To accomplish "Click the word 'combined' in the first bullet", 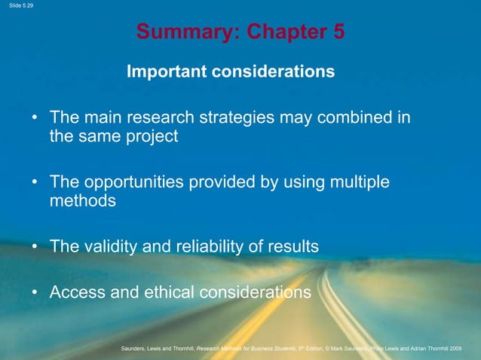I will click(349, 118).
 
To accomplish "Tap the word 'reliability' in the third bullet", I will click(212, 246).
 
